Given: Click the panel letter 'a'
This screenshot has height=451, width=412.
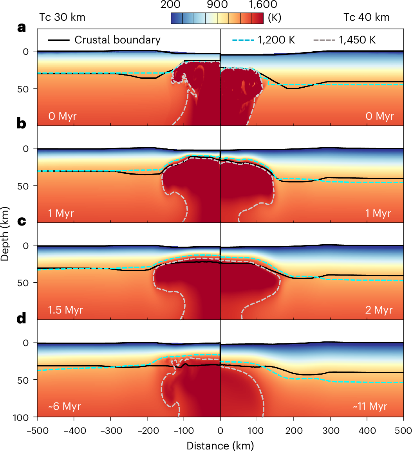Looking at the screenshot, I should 21,28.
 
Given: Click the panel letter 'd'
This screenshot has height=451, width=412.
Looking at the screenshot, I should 21,319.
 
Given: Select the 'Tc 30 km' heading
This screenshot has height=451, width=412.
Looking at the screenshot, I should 62,17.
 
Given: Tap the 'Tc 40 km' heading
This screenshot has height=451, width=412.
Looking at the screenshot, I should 367,17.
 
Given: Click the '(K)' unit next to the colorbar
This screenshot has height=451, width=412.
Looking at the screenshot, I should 275,18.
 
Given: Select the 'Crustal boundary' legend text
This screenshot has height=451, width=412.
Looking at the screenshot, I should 117,40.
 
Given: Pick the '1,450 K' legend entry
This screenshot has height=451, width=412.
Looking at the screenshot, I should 356,40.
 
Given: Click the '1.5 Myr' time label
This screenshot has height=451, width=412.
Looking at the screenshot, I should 65,310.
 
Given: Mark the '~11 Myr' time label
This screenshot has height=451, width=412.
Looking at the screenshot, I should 370,407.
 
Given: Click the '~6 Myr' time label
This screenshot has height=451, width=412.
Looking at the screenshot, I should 65,407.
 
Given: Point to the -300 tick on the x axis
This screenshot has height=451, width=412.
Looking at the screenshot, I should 110,431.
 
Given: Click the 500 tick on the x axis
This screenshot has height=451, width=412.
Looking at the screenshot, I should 403,431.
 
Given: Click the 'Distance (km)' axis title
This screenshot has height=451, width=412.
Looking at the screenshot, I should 220,446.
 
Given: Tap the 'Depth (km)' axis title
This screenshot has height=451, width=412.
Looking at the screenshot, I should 5,235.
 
